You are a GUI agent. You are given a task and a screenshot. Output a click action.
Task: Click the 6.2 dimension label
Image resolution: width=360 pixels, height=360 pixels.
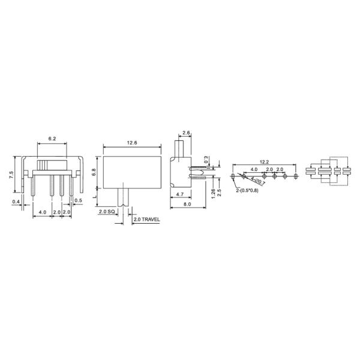tap(52, 139)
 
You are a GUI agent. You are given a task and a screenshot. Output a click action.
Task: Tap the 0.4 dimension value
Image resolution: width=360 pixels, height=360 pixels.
tap(16, 202)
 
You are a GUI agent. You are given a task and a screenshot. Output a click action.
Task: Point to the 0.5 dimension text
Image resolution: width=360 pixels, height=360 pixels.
tap(79, 200)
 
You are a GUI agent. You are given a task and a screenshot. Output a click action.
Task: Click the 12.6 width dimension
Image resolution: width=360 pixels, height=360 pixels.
tap(132, 142)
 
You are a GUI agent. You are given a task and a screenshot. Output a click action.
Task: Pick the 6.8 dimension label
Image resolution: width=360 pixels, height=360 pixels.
tap(94, 171)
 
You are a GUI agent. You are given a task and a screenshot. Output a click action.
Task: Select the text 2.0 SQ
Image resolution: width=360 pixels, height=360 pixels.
tap(108, 212)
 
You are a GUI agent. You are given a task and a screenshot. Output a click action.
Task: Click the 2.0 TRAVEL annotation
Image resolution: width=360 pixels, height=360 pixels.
tap(146, 220)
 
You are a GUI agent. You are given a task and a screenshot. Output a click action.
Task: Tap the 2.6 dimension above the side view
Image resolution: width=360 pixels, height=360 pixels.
tap(186, 133)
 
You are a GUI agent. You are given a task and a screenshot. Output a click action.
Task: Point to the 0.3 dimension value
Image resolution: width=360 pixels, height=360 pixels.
tap(206, 160)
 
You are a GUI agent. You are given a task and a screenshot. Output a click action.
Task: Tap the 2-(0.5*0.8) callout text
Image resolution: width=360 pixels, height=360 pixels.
tap(247, 190)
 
